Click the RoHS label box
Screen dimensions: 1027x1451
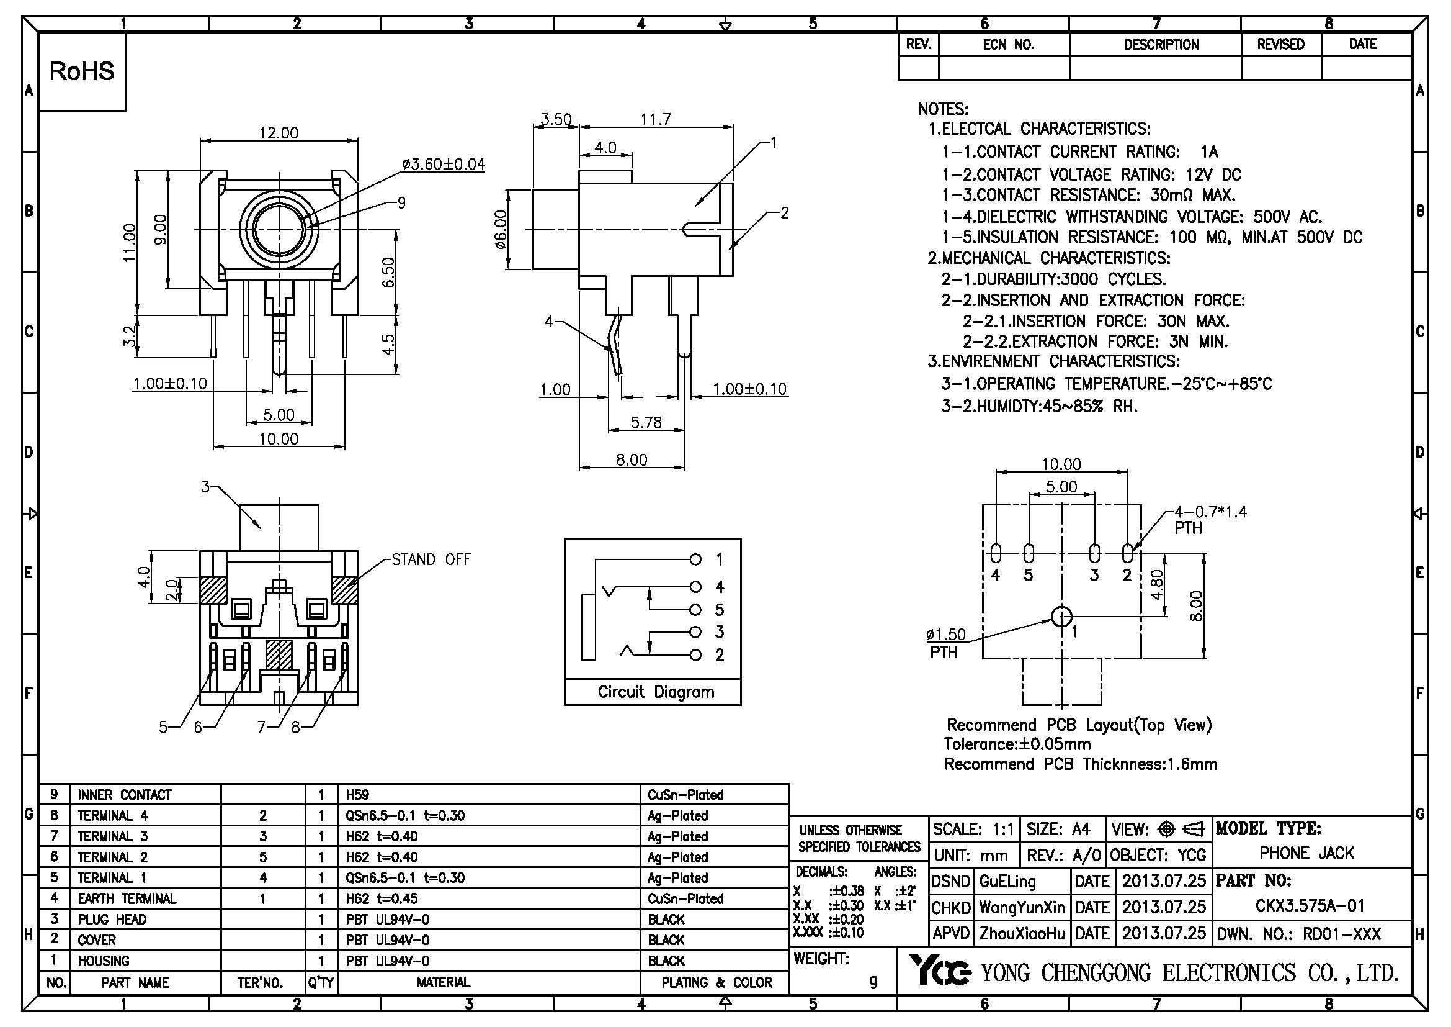(x=82, y=71)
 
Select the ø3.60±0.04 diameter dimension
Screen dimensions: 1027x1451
(x=444, y=165)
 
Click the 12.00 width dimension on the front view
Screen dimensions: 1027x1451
(x=278, y=133)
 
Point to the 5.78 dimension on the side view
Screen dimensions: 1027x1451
(x=646, y=422)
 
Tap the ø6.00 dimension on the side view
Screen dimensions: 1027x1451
(x=501, y=230)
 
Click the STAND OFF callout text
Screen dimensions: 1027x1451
(x=431, y=559)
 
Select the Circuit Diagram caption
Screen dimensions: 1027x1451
(x=656, y=692)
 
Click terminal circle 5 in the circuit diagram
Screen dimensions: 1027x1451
(x=695, y=610)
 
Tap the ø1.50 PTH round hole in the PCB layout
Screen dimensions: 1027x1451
(x=1061, y=616)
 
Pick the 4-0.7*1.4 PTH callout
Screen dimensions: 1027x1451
(x=1210, y=519)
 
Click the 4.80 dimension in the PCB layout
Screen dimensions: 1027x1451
(x=1156, y=584)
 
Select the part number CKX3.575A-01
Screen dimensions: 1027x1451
(x=1310, y=905)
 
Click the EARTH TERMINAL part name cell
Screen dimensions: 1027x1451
(x=127, y=898)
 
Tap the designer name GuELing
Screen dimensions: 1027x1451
(x=1007, y=881)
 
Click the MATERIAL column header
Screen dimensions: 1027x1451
(x=443, y=982)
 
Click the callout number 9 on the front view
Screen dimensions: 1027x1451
(x=401, y=202)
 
